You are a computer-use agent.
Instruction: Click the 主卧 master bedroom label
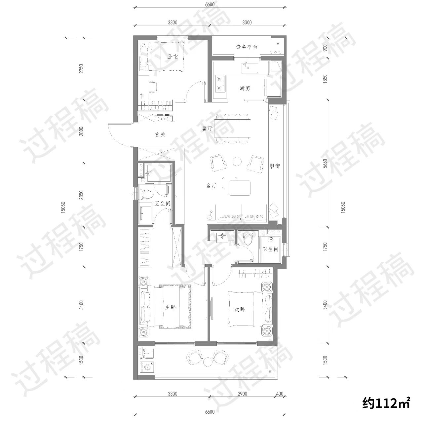[x=170, y=307]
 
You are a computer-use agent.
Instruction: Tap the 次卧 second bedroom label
[x=240, y=309]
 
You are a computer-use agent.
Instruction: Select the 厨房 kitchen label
[x=245, y=88]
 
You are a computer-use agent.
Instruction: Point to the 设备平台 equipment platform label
[x=247, y=47]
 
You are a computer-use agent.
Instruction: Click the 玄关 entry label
[x=160, y=135]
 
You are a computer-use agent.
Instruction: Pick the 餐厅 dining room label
[x=208, y=129]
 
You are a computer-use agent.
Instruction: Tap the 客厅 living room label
[x=211, y=186]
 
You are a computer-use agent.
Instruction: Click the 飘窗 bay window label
[x=275, y=166]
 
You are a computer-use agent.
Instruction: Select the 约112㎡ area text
[x=386, y=403]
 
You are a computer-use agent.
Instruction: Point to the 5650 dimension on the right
[x=325, y=163]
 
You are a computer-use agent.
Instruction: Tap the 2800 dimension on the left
[x=81, y=131]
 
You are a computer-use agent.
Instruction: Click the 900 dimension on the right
[x=325, y=48]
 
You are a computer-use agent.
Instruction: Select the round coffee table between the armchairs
[x=237, y=161]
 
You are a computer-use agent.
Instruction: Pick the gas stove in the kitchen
[x=220, y=83]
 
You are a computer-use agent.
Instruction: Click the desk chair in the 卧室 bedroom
[x=153, y=87]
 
